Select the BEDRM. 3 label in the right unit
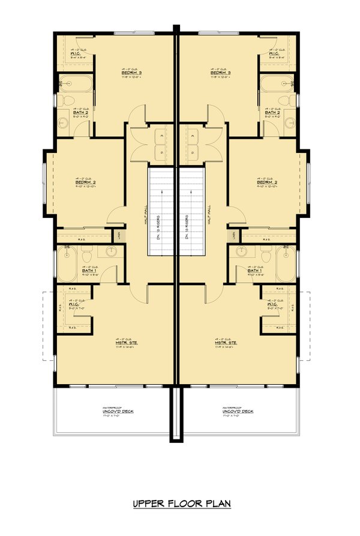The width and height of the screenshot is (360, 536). point(221,72)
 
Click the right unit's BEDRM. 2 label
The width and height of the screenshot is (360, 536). point(266,182)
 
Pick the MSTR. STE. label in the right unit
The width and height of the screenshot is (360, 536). point(226,343)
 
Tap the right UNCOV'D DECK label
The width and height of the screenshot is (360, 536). point(238,411)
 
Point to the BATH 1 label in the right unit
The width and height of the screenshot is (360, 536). point(255,271)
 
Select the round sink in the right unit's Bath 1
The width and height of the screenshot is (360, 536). point(241,252)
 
